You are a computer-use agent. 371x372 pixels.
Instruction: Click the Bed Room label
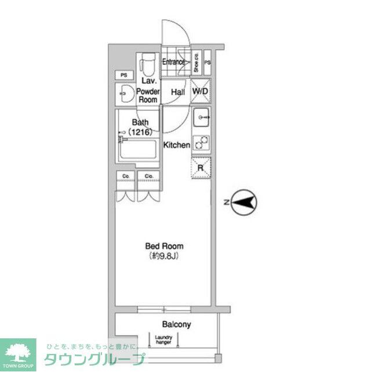coord(163,246)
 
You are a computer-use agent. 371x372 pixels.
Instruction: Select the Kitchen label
coord(176,145)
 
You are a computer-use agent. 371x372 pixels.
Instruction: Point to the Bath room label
coord(140,122)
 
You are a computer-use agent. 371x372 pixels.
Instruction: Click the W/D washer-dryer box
coord(201,92)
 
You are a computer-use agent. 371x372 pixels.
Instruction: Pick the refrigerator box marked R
coord(201,168)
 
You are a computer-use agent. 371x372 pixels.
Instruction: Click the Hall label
coord(177,92)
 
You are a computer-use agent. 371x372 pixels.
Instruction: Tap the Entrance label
coord(173,62)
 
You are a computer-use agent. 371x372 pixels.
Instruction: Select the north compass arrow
coord(244,202)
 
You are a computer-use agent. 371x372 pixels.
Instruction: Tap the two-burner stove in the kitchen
coord(201,143)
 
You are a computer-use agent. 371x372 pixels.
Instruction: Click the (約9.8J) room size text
coord(163,256)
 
